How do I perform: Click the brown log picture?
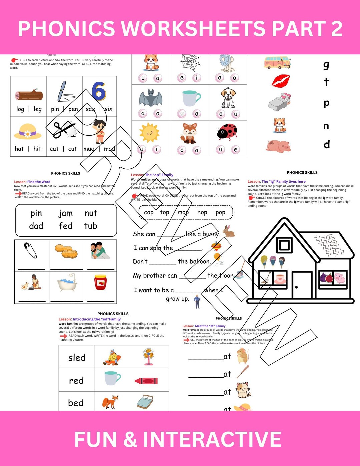[x=29, y=95]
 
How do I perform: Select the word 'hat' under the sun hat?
[x=19, y=149]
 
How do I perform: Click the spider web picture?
[x=190, y=63]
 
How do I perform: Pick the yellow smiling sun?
[x=150, y=132]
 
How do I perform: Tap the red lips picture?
[x=281, y=81]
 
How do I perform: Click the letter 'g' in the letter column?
[x=326, y=65]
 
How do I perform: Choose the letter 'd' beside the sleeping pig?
[x=327, y=144]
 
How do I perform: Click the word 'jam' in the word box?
[x=65, y=213]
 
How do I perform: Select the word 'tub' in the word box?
[x=90, y=226]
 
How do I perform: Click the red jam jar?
[x=100, y=283]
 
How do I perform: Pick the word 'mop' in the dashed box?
[x=183, y=212]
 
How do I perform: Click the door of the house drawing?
[x=302, y=284]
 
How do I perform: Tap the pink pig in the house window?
[x=339, y=278]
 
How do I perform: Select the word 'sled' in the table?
[x=77, y=358]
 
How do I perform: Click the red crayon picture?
[x=146, y=381]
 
